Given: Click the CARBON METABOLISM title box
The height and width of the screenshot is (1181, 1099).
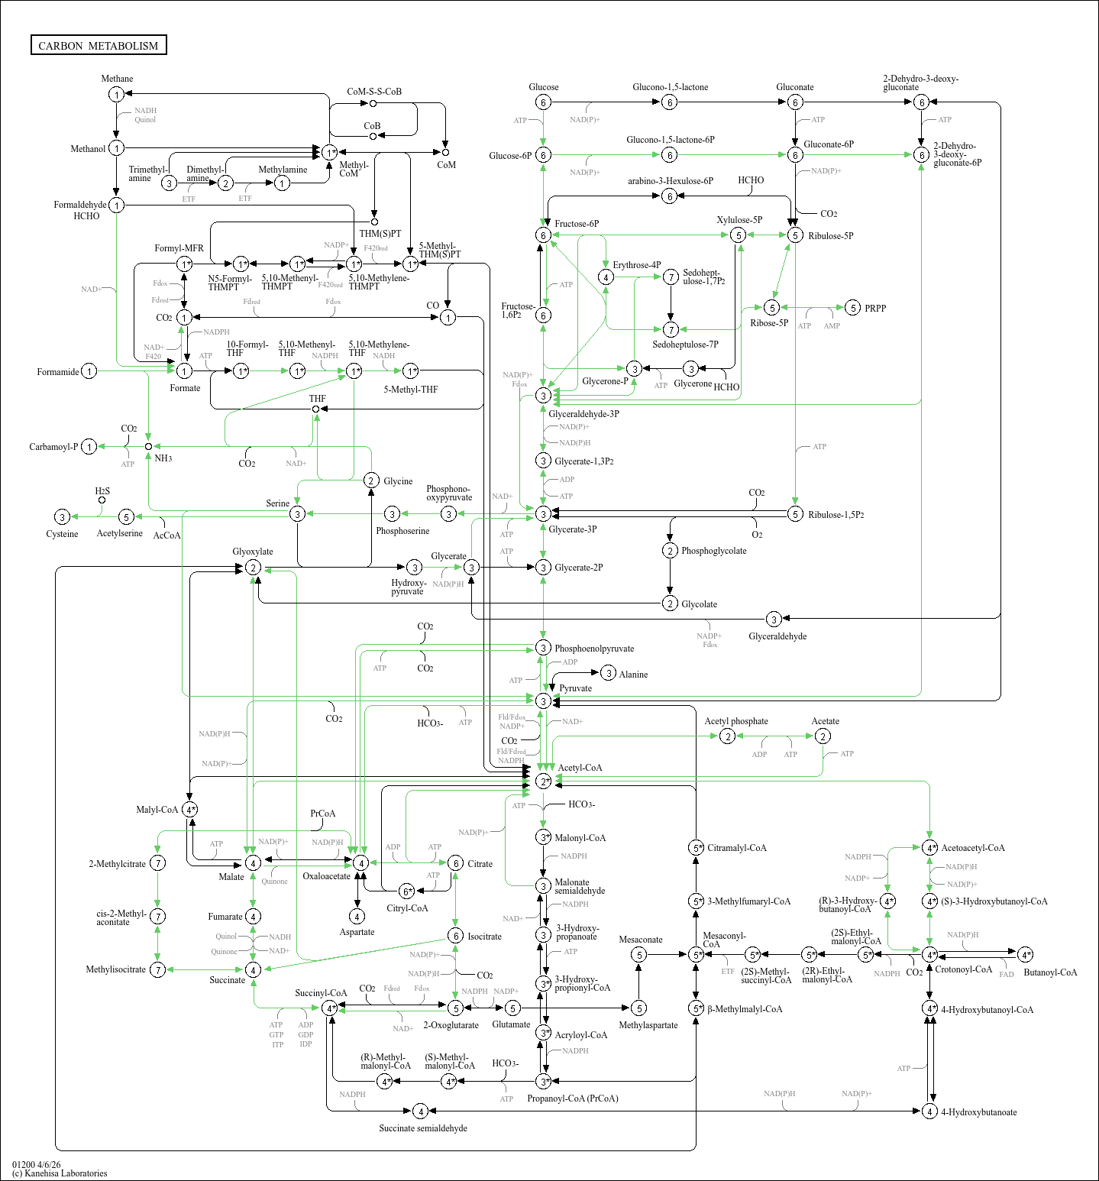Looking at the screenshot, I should (x=99, y=45).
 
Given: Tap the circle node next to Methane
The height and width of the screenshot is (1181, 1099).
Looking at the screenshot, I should (x=116, y=94).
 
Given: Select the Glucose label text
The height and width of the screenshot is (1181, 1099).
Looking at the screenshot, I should (x=543, y=87).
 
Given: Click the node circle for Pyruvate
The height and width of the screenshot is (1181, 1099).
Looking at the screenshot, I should (x=543, y=701).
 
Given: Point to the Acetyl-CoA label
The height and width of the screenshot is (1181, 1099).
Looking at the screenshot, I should (x=580, y=768).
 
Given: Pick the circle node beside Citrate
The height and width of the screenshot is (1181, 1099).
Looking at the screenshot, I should (x=455, y=863).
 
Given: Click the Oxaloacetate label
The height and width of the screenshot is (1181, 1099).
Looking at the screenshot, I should (x=326, y=876).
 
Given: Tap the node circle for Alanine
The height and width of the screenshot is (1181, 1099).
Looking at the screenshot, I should (x=608, y=673).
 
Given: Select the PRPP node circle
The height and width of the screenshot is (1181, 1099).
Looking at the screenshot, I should (x=853, y=308).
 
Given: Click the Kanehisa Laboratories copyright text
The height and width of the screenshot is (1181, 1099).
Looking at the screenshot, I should (x=60, y=1173).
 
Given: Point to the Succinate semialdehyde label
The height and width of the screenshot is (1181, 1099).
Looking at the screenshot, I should (x=423, y=1128).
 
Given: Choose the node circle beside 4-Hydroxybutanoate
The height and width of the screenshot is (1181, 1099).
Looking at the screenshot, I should (x=929, y=1111).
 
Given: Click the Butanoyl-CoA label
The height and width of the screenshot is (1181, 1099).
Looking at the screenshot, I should (x=1050, y=972).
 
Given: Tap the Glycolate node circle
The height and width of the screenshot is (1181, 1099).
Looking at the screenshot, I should (x=670, y=603).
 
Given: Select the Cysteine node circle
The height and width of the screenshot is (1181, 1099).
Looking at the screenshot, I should (x=63, y=517).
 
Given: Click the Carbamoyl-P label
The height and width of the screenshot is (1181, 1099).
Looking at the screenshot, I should (x=53, y=447).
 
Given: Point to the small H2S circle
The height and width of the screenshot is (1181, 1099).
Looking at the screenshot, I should (x=102, y=500).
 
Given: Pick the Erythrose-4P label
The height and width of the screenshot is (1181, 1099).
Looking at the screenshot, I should (x=636, y=265).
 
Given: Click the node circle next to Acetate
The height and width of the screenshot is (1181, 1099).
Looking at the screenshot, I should (x=823, y=736).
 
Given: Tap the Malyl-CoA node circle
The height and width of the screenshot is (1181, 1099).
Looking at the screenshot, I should (x=190, y=809).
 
